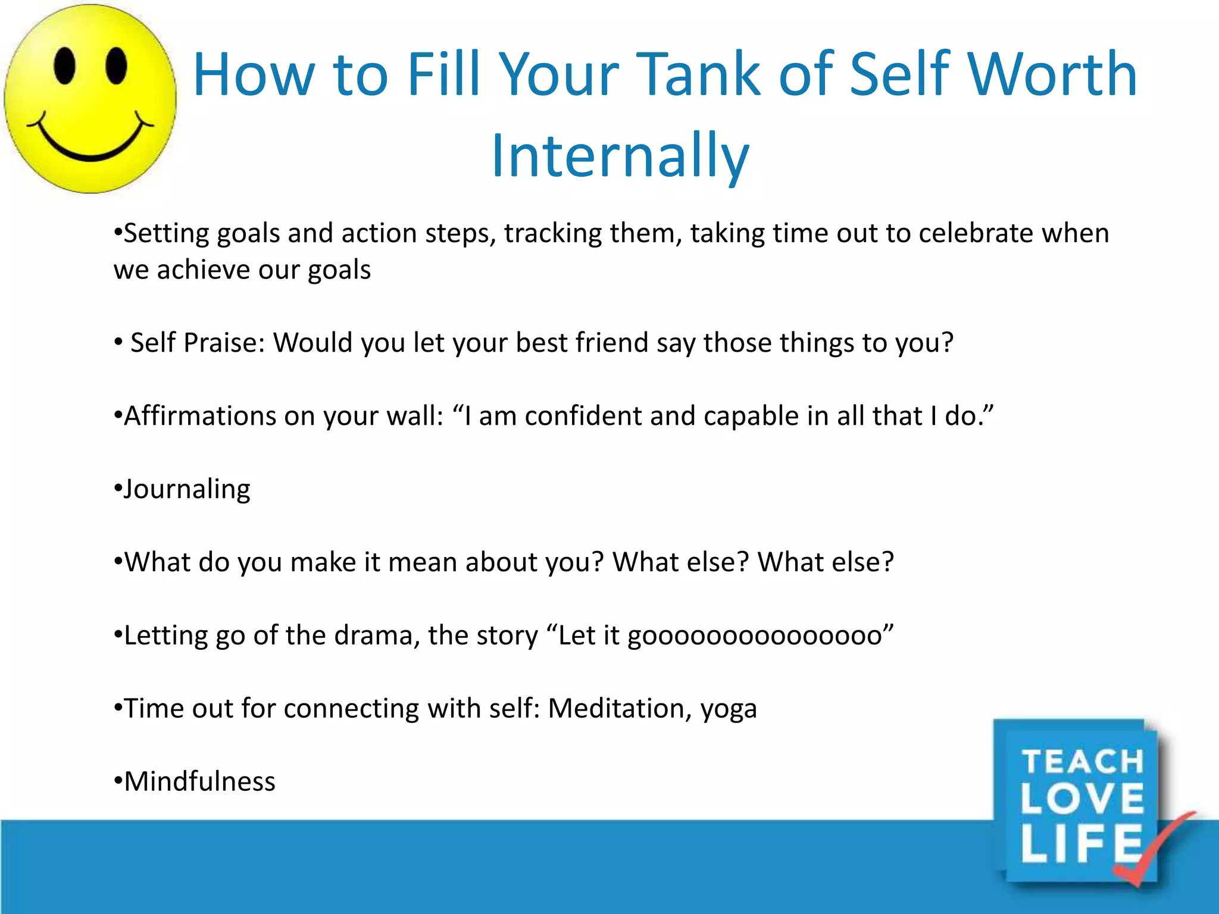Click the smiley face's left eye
pos(64,65)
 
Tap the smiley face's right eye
pos(116,65)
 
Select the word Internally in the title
pos(620,156)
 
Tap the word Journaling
pos(187,490)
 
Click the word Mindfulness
pos(199,781)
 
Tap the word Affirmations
pos(199,415)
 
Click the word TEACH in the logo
pos(1083,762)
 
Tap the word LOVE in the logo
pos(1082,799)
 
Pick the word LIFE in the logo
pos(1080,843)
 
